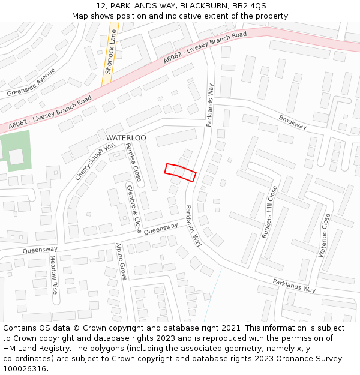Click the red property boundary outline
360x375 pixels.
click(x=180, y=172)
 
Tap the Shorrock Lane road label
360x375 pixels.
click(x=109, y=52)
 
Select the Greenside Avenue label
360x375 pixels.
click(x=31, y=83)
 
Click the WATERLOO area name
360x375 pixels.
click(x=126, y=138)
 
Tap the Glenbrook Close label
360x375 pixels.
click(x=134, y=208)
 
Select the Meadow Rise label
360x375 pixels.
click(x=53, y=274)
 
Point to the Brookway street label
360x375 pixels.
click(x=293, y=122)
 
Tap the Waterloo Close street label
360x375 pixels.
click(x=324, y=235)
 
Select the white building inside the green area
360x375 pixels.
click(x=16, y=157)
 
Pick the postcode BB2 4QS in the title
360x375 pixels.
click(x=246, y=5)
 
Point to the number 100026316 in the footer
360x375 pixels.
click(x=26, y=368)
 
